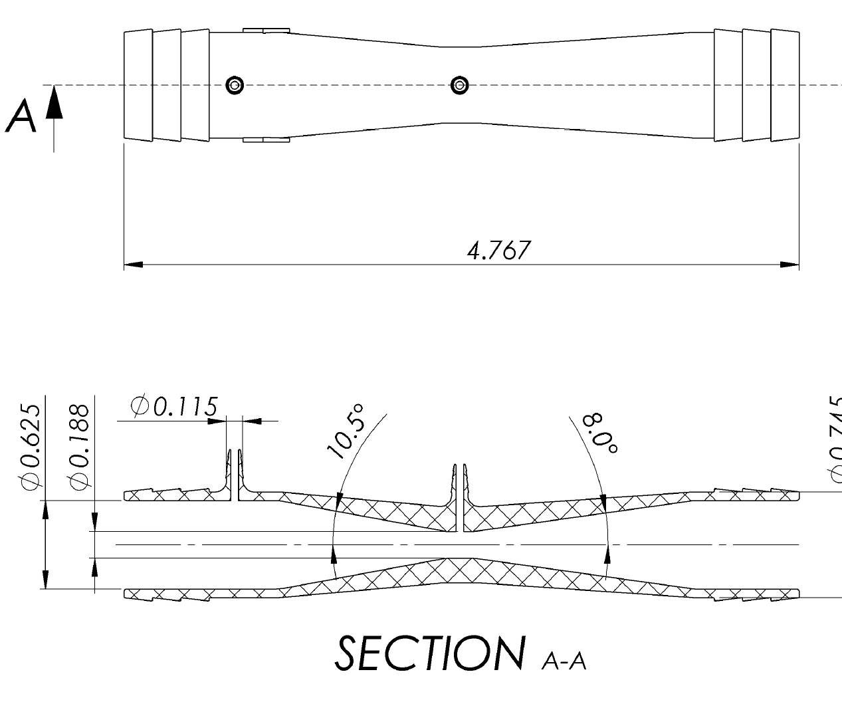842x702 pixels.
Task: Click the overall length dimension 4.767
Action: coord(498,251)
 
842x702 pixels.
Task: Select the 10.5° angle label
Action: coord(346,431)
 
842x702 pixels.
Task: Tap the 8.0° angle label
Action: coord(600,433)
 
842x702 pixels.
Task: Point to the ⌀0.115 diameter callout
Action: coord(174,406)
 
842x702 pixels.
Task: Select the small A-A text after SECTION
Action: coord(564,661)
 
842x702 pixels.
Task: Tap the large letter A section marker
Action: coord(21,117)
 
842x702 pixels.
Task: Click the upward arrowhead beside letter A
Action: coord(54,104)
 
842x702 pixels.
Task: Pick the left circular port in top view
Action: coord(234,85)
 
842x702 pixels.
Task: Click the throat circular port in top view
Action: coord(459,85)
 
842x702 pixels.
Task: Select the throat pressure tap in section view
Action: coord(459,495)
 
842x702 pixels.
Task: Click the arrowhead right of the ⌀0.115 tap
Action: coord(252,421)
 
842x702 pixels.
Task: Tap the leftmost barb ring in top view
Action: coord(138,84)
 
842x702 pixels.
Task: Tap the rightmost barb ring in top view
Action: coord(785,84)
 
